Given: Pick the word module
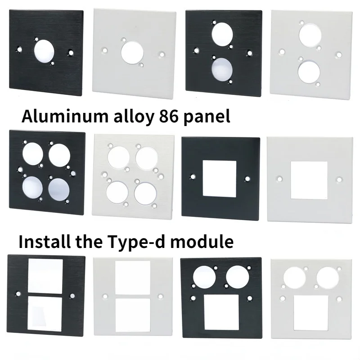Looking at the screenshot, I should pos(207,242).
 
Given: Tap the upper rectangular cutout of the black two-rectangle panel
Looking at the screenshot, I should pos(45,275).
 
